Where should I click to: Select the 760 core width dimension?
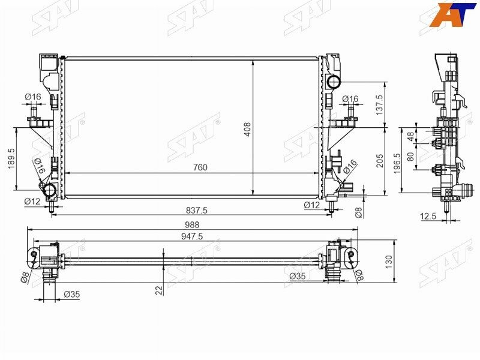(x=200, y=167)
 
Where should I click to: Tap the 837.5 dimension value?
(x=197, y=210)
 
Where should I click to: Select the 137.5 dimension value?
(x=379, y=104)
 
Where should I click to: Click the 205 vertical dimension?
(x=379, y=161)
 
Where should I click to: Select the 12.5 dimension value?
(x=428, y=217)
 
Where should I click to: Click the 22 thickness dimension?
(x=158, y=290)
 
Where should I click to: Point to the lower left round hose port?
(x=50, y=191)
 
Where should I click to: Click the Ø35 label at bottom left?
(x=72, y=294)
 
